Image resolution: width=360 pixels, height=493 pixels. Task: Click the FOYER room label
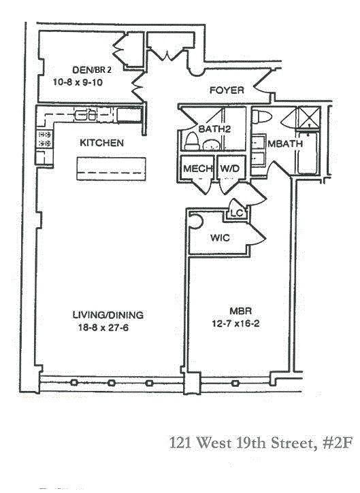point(227,90)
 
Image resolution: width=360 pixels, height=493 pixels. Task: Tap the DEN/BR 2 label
point(92,69)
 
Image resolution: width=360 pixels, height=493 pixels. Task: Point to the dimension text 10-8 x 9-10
point(78,82)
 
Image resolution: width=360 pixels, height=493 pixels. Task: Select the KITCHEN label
point(101,143)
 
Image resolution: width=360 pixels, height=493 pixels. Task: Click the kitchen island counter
point(112,169)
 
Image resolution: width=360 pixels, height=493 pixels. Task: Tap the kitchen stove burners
point(44,139)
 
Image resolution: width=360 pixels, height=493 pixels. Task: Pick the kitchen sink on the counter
point(85,115)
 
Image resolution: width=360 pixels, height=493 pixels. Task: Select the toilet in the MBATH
point(262,117)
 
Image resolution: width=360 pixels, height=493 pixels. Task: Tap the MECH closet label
point(197,169)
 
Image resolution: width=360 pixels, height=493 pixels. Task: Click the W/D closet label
point(230,169)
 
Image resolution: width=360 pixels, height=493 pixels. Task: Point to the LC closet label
point(237,213)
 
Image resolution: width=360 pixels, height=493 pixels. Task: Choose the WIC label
point(220,238)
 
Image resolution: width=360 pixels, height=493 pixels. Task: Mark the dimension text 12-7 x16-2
point(236,324)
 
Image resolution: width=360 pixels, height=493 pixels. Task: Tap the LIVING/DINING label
point(108,315)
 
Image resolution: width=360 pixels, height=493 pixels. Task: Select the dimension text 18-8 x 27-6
point(103,328)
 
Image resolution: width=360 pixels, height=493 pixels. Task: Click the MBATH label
point(285,143)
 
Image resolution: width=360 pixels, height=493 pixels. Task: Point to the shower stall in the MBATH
point(309,117)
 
